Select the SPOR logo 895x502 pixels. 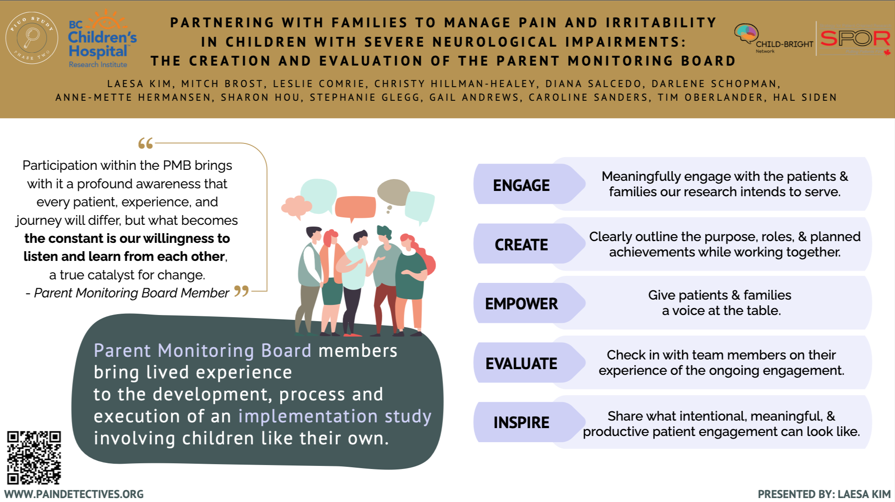click(855, 39)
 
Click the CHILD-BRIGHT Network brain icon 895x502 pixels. click(746, 33)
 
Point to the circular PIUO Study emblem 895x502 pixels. click(32, 38)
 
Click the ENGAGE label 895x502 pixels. click(521, 186)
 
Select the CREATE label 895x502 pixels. click(521, 245)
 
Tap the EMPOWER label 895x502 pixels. click(521, 304)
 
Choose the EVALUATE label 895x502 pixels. click(521, 364)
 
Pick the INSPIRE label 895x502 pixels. click(521, 423)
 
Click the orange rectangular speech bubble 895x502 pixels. click(355, 207)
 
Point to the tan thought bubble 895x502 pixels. click(393, 192)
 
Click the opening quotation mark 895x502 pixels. click(145, 143)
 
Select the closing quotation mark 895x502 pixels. click(241, 291)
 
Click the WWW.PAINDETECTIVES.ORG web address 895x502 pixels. click(74, 495)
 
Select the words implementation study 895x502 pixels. click(335, 416)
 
